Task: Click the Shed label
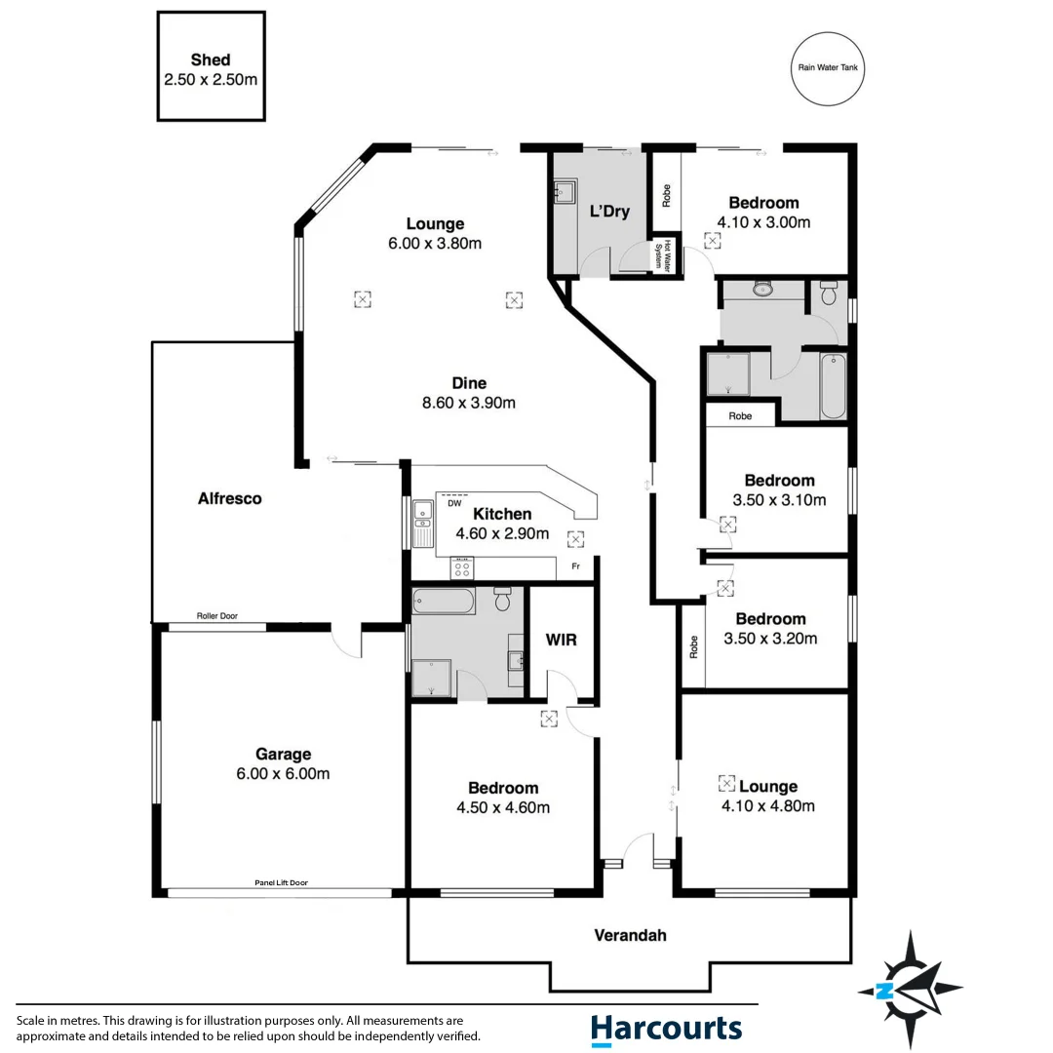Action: (x=211, y=60)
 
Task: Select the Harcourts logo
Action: (x=666, y=1030)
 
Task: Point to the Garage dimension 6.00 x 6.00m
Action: (x=283, y=774)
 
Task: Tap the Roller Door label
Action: (x=216, y=616)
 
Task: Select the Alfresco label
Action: (x=230, y=498)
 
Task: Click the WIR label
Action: (x=562, y=641)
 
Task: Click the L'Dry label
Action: (x=609, y=212)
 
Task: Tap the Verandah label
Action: (x=630, y=935)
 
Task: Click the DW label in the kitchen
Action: (x=454, y=504)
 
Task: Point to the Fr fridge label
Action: (x=575, y=565)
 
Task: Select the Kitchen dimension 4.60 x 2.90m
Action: (x=502, y=533)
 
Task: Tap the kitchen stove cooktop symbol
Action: (x=461, y=568)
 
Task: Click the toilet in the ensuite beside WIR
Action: (x=503, y=599)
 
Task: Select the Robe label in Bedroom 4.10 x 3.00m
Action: (x=667, y=196)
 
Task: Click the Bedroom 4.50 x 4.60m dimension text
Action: (x=502, y=807)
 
